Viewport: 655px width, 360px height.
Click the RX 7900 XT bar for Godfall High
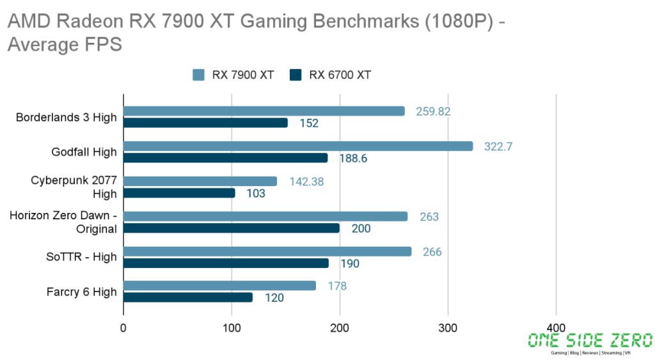(x=297, y=146)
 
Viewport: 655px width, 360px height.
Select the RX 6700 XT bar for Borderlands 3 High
(x=205, y=123)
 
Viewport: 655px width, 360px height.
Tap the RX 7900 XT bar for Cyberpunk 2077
(x=200, y=182)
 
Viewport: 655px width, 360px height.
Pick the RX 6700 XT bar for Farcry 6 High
(x=187, y=297)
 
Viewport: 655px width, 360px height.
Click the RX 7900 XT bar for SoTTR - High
(x=267, y=251)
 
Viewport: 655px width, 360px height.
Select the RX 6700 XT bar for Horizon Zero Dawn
(x=231, y=228)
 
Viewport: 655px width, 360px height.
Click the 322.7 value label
(x=499, y=146)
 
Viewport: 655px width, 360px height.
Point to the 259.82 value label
(x=433, y=111)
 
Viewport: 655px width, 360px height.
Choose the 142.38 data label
(x=306, y=182)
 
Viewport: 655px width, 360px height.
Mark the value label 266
(x=432, y=252)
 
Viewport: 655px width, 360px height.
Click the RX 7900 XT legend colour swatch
(x=198, y=75)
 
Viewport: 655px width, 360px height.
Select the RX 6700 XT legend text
(x=340, y=75)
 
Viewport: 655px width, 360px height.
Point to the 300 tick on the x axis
(x=448, y=329)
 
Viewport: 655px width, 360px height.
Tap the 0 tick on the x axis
(x=123, y=329)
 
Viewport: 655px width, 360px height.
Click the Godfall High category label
(x=84, y=152)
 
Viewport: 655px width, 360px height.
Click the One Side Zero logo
(x=590, y=343)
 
